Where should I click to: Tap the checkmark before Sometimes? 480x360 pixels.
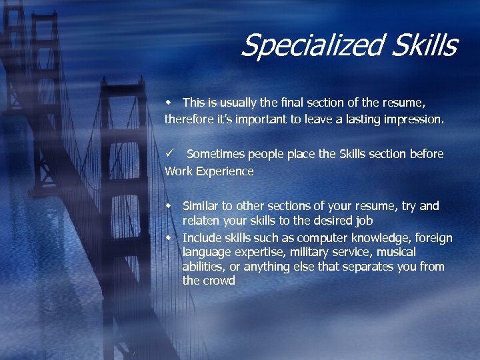coord(170,153)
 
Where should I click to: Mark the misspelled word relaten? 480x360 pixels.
coord(202,221)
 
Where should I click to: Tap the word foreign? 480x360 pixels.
coord(433,238)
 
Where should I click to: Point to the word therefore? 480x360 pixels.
coord(191,120)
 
